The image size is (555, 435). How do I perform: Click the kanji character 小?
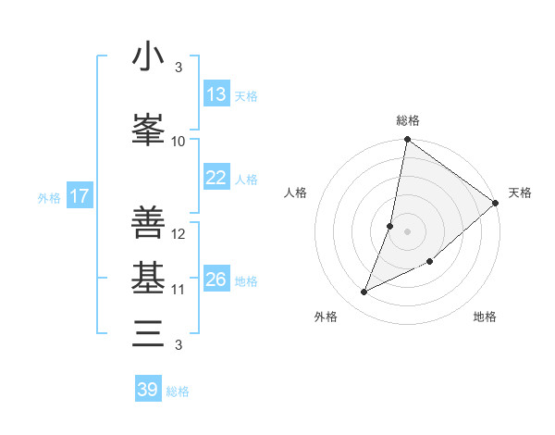point(148,57)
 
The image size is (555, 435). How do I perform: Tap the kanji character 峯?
point(148,130)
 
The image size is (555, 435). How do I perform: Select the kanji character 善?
point(148,222)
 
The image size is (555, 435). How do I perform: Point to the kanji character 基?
point(148,278)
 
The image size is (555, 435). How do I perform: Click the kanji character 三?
point(148,332)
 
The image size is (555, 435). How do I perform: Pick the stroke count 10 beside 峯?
point(179,141)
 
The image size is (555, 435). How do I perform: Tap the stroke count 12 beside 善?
point(179,234)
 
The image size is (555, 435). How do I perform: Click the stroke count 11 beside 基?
point(179,290)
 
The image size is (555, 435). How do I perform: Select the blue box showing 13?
point(216,94)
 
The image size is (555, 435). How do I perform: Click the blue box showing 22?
point(216,178)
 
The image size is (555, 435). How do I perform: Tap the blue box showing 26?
point(216,280)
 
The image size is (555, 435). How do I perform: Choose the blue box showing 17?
point(79,196)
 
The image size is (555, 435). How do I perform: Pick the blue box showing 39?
point(148,390)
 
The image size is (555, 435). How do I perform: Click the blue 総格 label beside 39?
point(178,391)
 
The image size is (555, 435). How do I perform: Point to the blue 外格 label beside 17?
point(49,197)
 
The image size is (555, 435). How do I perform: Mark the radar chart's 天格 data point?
point(496,203)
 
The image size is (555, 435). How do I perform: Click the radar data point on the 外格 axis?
point(364,292)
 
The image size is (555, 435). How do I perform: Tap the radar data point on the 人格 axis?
point(390,226)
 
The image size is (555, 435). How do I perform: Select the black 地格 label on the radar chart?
point(485,317)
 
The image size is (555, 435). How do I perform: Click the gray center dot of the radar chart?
point(408,231)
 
